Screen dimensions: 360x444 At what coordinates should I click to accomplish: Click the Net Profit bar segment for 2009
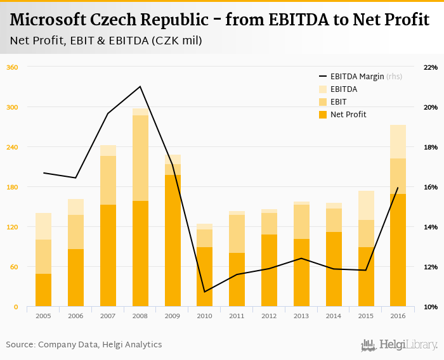pyautogui.click(x=173, y=241)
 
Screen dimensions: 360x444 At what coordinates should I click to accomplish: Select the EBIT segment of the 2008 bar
pyautogui.click(x=140, y=158)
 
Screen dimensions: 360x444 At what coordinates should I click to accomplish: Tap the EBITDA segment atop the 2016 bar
pyautogui.click(x=398, y=141)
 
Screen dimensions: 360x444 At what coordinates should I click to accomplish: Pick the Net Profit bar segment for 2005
pyautogui.click(x=43, y=290)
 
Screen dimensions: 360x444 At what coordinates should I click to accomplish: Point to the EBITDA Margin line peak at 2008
pyautogui.click(x=140, y=86)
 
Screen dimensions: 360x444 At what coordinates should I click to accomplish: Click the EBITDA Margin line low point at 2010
pyautogui.click(x=205, y=292)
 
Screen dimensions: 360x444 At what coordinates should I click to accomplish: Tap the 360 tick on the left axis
pyautogui.click(x=12, y=67)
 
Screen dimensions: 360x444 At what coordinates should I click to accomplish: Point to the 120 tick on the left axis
pyautogui.click(x=12, y=227)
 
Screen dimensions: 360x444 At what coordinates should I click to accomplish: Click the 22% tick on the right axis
pyautogui.click(x=430, y=67)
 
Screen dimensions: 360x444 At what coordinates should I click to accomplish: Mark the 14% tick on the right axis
pyautogui.click(x=430, y=227)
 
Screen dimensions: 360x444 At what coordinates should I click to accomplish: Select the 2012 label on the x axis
pyautogui.click(x=269, y=315)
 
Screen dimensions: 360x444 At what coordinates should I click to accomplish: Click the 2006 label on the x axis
pyautogui.click(x=75, y=315)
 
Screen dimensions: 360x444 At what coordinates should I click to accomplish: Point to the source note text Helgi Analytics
pyautogui.click(x=131, y=345)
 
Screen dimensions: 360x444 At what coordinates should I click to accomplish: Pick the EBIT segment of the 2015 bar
pyautogui.click(x=366, y=233)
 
